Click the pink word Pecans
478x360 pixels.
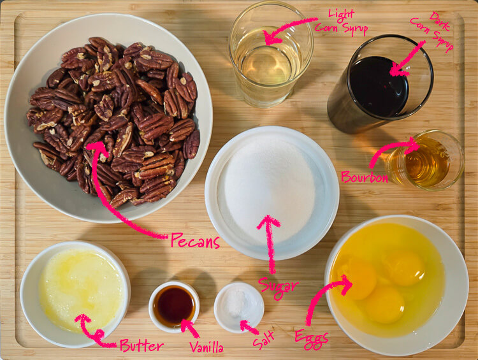pos(195,241)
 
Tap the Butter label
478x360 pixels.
pos(141,346)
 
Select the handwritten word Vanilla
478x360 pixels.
pos(206,347)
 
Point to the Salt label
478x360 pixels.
pos(264,339)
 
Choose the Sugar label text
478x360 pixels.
pos(278,287)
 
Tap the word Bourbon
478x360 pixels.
pos(365,176)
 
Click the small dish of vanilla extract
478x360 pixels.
pos(174,306)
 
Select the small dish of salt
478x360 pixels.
pos(239,307)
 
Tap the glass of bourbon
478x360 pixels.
pos(426,161)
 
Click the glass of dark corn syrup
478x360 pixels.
pos(380,84)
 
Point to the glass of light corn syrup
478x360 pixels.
pos(271,54)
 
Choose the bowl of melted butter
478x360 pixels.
pos(75,294)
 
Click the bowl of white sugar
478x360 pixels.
pos(272,192)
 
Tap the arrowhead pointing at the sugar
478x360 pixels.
pos(268,222)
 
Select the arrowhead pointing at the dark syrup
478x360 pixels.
pos(398,70)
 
